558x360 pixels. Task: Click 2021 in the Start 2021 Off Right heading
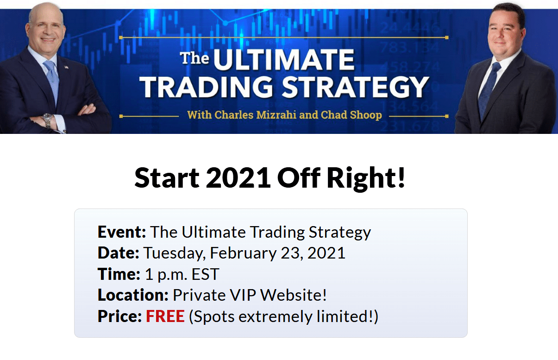238,178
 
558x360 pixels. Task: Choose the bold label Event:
122,232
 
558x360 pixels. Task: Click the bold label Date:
118,253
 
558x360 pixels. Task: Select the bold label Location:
133,295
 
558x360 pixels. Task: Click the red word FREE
165,316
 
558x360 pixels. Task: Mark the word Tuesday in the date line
174,253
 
